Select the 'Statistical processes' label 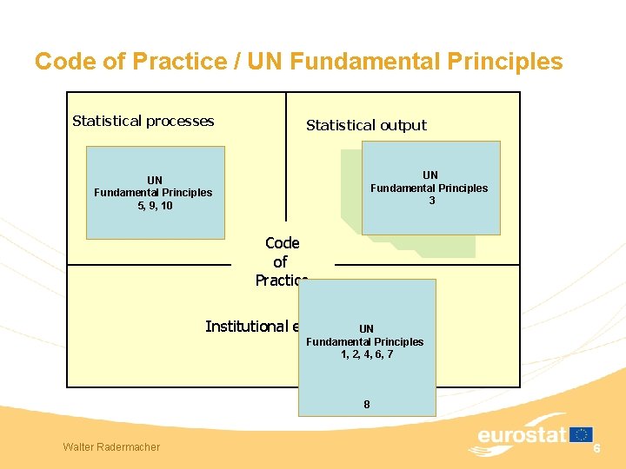point(143,121)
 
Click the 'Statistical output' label point(366,125)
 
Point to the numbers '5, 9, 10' point(155,206)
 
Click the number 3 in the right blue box point(430,201)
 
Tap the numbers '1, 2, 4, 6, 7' point(366,354)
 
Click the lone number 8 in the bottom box point(366,404)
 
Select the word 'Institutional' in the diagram point(246,327)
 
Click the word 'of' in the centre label point(280,261)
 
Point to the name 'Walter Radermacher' point(111,446)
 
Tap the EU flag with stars point(582,434)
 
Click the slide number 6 point(597,447)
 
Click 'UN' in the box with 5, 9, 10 point(155,180)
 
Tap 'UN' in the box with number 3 point(430,175)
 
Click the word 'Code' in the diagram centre point(282,243)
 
